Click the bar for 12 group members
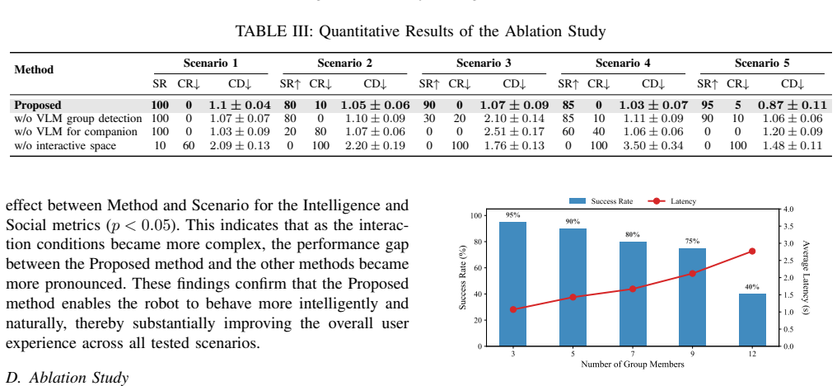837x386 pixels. pos(752,320)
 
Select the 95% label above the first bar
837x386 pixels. pos(512,215)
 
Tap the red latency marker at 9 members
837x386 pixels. pos(692,273)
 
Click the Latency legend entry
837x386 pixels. pos(672,201)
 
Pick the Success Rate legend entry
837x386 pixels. pos(601,201)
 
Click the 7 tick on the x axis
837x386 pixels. pos(633,355)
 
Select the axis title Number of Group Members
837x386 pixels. pos(633,365)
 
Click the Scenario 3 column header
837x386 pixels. pos(484,63)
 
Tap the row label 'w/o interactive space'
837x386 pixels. pos(65,145)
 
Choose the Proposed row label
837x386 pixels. pos(38,106)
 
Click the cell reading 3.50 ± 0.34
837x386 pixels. pos(652,145)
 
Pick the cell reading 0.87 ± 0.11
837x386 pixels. pos(793,106)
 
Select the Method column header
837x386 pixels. pos(34,69)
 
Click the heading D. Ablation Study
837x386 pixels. pos(68,378)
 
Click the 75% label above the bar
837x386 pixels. pos(692,241)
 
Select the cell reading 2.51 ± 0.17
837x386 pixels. pos(514,132)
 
